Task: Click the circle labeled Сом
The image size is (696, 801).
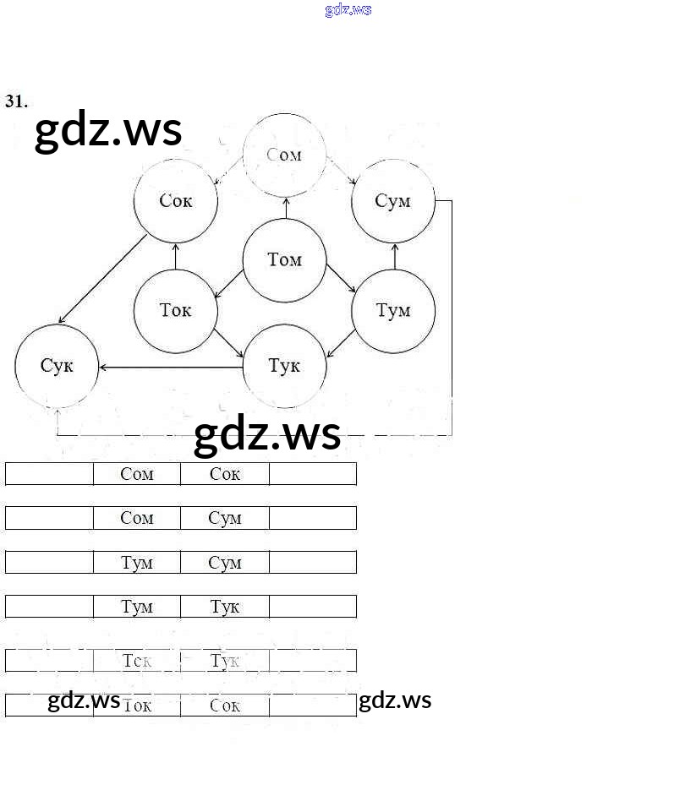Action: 284,155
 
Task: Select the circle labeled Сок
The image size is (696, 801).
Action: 176,201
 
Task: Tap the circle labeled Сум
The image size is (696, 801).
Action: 393,201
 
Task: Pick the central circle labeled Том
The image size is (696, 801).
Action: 284,260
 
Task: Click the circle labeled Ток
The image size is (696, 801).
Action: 176,311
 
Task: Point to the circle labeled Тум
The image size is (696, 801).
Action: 393,311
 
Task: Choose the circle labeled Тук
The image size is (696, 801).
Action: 284,366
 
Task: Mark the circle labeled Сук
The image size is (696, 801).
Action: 57,366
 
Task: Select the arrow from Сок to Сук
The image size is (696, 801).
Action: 102,280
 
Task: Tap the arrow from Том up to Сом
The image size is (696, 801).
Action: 285,208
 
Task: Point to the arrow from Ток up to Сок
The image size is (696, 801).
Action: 176,256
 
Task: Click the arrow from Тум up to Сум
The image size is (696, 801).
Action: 394,256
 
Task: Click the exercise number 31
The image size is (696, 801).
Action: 16,101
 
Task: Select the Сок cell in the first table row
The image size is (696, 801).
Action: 225,474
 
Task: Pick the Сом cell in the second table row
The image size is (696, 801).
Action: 137,518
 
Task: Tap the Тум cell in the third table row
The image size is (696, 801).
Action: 137,563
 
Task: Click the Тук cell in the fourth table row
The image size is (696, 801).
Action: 225,607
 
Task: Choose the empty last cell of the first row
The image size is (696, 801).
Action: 313,474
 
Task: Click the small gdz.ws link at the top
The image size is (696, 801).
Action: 348,10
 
